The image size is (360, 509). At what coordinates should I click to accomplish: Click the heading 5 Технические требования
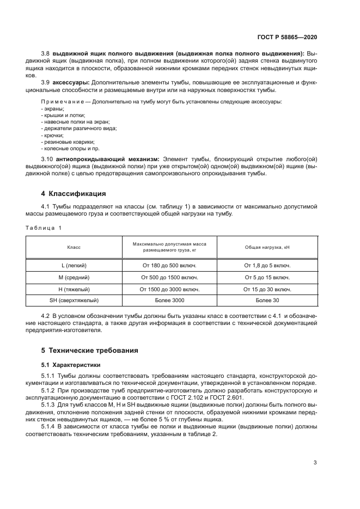[91, 351]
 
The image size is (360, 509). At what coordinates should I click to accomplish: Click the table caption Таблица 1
[44, 227]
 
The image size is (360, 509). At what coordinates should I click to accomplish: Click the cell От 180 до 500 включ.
[169, 265]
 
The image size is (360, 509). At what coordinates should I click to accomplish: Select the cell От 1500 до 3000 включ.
[169, 289]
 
